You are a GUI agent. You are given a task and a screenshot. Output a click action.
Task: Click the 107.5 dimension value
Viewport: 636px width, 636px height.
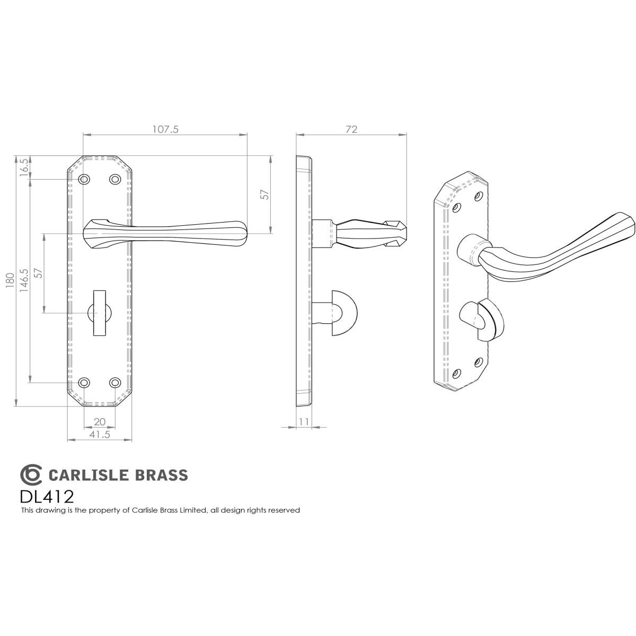click(165, 129)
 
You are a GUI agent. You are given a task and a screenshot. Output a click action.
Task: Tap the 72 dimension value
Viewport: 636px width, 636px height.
click(352, 129)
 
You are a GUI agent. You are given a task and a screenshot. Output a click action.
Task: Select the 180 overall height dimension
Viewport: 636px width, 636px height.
click(10, 280)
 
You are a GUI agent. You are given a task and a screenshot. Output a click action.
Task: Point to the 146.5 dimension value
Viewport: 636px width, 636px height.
click(24, 280)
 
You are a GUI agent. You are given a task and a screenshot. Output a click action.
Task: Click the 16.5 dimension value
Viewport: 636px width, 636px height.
click(24, 167)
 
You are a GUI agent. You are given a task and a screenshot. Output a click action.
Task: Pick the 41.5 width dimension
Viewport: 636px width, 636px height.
click(100, 435)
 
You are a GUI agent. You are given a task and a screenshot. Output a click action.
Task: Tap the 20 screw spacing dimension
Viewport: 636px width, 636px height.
click(100, 421)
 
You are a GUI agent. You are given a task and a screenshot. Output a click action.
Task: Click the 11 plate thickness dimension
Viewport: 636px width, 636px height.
click(304, 421)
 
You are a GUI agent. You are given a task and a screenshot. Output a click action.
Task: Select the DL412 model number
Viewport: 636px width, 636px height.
click(47, 496)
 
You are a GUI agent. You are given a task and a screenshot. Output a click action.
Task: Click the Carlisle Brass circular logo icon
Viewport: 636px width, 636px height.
click(31, 474)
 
